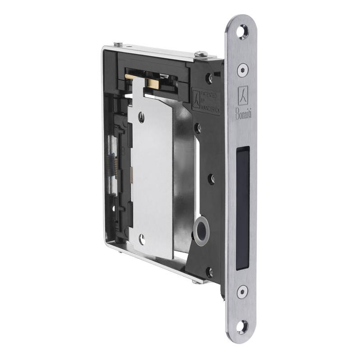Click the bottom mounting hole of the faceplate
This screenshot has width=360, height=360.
coord(243,324)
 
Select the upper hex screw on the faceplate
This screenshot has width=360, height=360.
coord(243,69)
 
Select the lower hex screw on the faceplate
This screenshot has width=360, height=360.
coord(243,291)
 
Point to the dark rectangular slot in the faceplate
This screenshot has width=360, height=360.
coord(242,208)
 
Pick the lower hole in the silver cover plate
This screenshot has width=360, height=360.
coord(142,240)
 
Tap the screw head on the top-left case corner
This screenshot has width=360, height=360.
coord(118,44)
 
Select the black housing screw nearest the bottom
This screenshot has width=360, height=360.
coord(209,272)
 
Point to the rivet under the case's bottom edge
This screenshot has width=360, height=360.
coord(195,282)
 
